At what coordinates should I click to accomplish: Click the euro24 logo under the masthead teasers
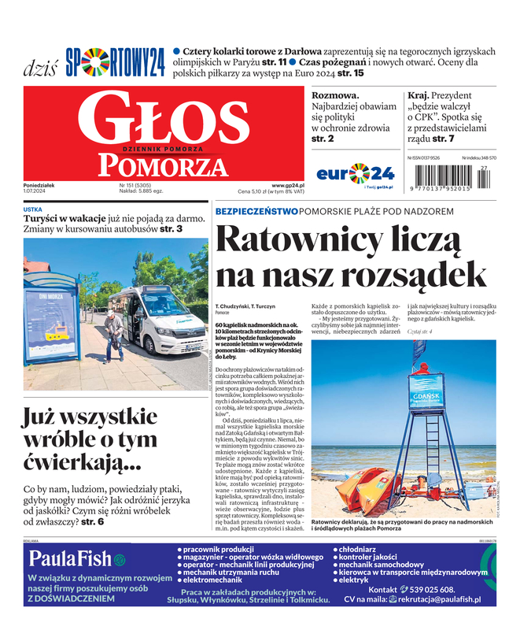coord(354,172)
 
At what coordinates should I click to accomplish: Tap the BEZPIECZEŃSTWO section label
coord(256,212)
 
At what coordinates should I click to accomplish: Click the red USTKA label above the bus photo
coord(33,209)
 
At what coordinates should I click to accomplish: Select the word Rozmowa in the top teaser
coord(336,94)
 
